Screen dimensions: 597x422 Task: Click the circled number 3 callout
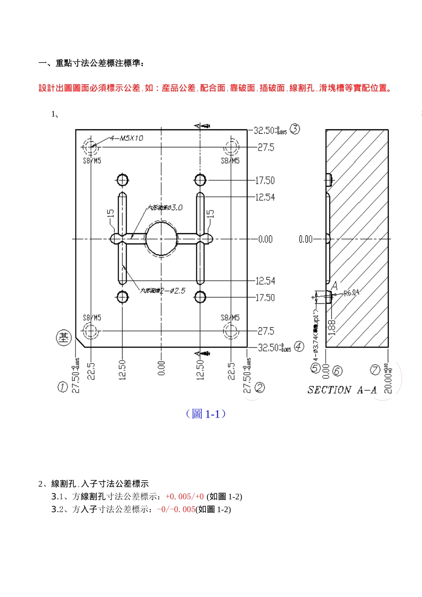(x=295, y=129)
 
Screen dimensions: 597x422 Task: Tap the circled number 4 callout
(x=299, y=346)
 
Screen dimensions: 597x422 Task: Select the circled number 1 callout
(x=63, y=387)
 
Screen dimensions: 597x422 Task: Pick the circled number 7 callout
(x=375, y=370)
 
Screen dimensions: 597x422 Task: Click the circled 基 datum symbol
(x=64, y=338)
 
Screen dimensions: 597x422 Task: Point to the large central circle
(x=161, y=239)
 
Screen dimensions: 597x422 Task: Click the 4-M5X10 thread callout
(x=127, y=138)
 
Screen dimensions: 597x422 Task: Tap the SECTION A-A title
(x=342, y=390)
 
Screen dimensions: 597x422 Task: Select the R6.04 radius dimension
(x=351, y=293)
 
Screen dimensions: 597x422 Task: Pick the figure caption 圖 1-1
(x=206, y=414)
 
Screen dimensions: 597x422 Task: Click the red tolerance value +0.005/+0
(x=184, y=497)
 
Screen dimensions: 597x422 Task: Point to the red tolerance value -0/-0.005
(x=176, y=509)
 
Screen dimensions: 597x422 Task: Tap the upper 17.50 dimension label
(x=265, y=180)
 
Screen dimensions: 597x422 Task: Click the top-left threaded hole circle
(x=91, y=147)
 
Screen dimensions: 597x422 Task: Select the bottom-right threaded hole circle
(x=231, y=331)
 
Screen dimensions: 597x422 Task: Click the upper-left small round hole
(x=123, y=180)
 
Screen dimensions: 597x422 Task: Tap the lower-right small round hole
(x=200, y=297)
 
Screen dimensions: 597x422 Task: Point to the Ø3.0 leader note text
(x=165, y=207)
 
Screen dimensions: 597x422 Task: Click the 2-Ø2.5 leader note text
(x=163, y=291)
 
